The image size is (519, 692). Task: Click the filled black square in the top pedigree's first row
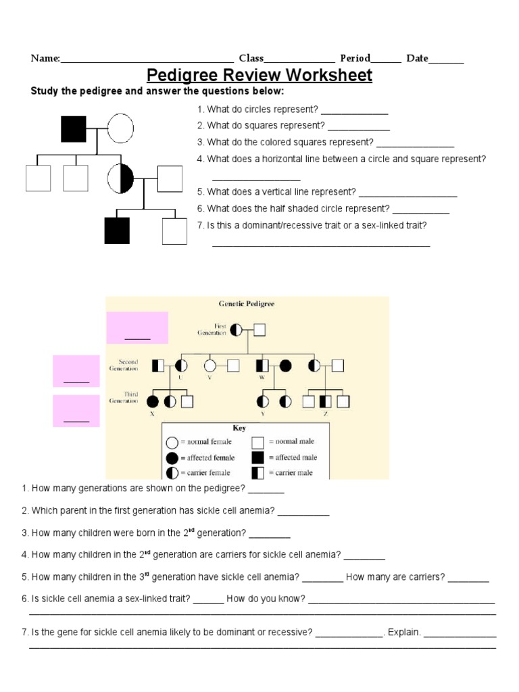pyautogui.click(x=74, y=128)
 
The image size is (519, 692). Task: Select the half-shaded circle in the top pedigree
pyautogui.click(x=120, y=178)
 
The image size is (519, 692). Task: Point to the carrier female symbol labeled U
pyautogui.click(x=180, y=366)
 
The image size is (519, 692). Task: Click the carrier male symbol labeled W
pyautogui.click(x=262, y=366)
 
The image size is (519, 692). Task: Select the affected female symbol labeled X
pyautogui.click(x=153, y=401)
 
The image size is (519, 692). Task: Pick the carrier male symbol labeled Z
pyautogui.click(x=326, y=401)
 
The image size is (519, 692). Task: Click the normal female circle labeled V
pyautogui.click(x=210, y=366)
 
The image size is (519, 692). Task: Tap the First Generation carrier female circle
pyautogui.click(x=236, y=330)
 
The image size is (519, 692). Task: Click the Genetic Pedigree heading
pyautogui.click(x=247, y=304)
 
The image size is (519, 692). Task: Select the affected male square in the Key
pyautogui.click(x=257, y=458)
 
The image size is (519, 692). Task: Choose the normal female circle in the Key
pyautogui.click(x=172, y=443)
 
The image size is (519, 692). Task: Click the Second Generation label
pyautogui.click(x=124, y=365)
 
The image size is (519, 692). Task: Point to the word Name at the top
pyautogui.click(x=45, y=58)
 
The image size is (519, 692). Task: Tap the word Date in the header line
pyautogui.click(x=417, y=58)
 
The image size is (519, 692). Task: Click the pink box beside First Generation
pyautogui.click(x=137, y=328)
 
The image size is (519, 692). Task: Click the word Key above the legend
pyautogui.click(x=239, y=428)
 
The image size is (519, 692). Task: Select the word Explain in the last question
pyautogui.click(x=404, y=633)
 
